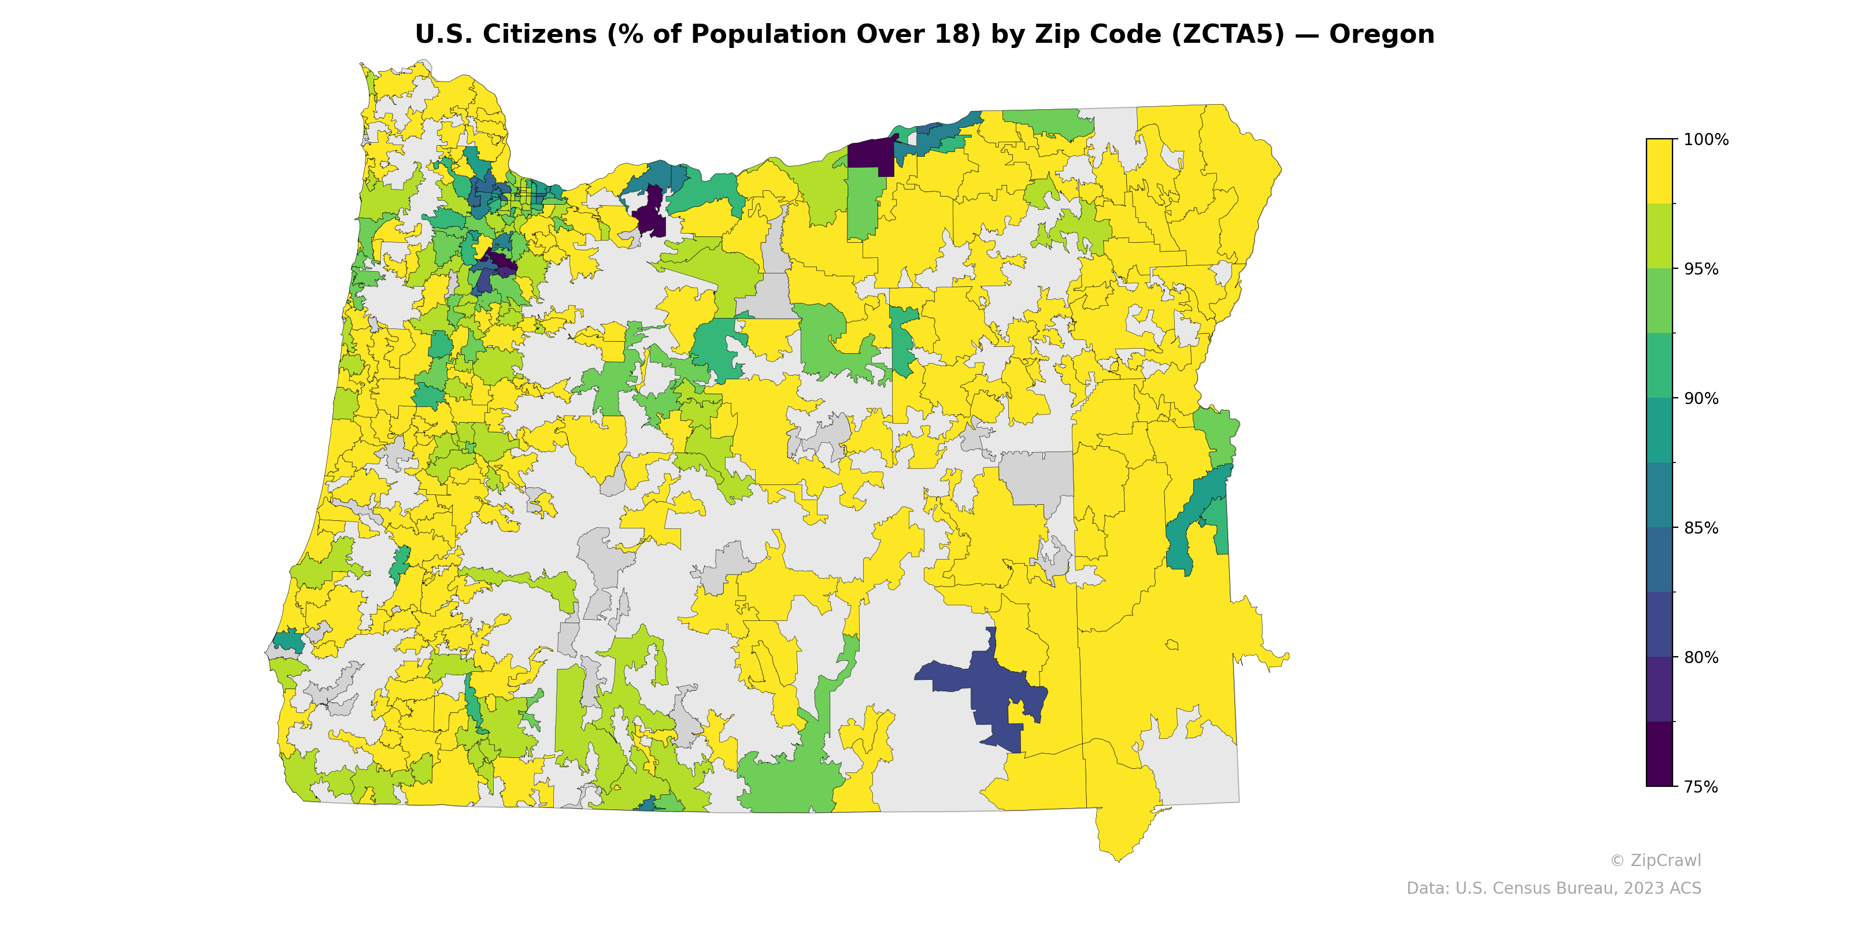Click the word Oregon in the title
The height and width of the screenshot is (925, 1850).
click(x=1381, y=35)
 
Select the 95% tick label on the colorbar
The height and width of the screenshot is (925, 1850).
click(x=1701, y=269)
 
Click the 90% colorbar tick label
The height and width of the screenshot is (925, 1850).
click(x=1701, y=398)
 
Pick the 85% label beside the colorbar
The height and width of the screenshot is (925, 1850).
click(x=1701, y=528)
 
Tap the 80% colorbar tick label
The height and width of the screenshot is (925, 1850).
click(x=1701, y=657)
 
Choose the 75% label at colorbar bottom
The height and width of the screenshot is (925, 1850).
click(x=1701, y=787)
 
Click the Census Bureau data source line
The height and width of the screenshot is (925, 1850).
click(x=1553, y=889)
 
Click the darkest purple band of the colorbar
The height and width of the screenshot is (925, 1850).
click(x=1659, y=754)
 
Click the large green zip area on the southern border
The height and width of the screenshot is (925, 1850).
click(x=786, y=786)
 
